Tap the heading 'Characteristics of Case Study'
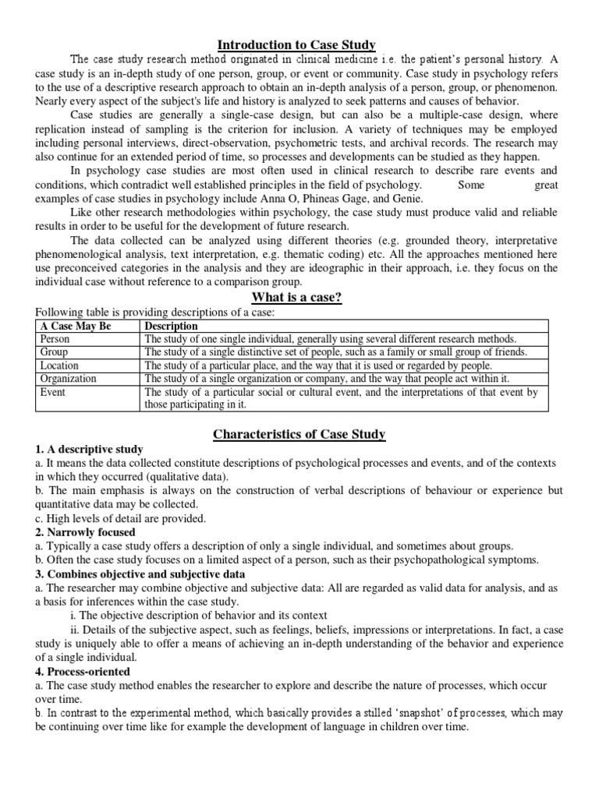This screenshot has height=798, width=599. [x=299, y=435]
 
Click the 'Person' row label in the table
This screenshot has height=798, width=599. [x=55, y=339]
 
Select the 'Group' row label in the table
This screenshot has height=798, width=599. [x=54, y=352]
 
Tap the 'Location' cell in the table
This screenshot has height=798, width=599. [x=59, y=365]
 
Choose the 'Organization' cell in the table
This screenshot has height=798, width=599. [x=69, y=378]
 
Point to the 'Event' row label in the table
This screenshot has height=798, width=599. [x=53, y=392]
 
